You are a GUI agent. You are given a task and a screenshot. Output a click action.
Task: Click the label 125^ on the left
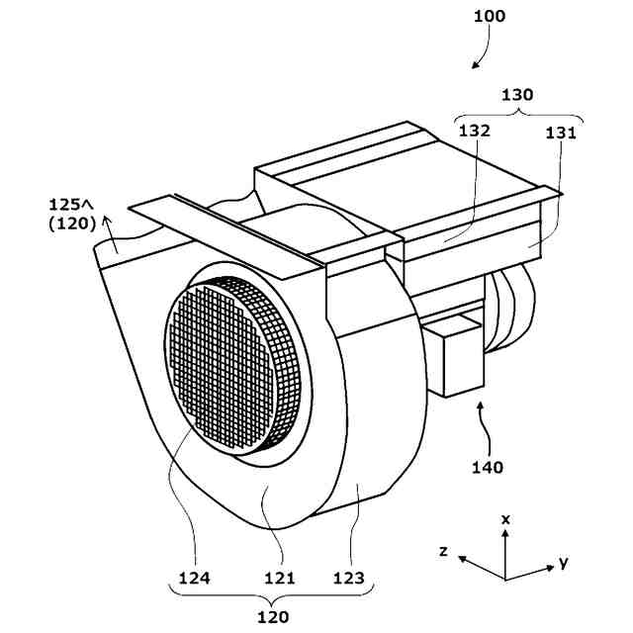tap(72, 205)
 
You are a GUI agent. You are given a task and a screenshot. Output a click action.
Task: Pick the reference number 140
tap(485, 467)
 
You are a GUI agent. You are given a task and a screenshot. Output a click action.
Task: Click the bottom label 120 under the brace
tap(273, 617)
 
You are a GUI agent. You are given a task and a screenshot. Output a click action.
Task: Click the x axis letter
tap(505, 518)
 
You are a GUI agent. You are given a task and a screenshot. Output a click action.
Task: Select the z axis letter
tap(446, 550)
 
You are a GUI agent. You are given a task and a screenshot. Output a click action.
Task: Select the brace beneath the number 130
tap(515, 113)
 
